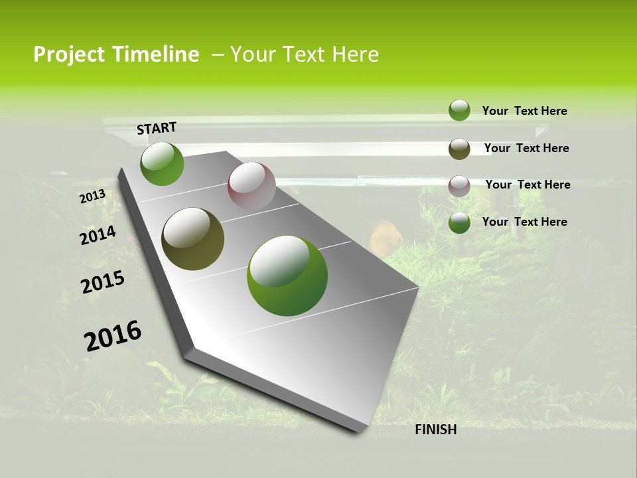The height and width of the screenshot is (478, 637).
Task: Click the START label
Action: (x=157, y=128)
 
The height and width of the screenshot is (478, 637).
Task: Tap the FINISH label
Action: (x=435, y=430)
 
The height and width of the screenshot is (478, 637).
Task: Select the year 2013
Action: (x=92, y=197)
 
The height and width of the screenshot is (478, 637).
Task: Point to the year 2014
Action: (x=98, y=236)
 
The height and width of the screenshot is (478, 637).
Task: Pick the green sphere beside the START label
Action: (x=162, y=164)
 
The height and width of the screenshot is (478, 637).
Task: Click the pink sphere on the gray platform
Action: (x=251, y=186)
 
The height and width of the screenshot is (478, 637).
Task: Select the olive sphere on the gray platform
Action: (x=192, y=239)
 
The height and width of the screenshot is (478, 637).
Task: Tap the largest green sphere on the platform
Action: (x=287, y=276)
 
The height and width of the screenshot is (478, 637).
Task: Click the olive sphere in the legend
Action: (x=459, y=149)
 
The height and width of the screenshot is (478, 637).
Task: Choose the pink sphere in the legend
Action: (x=459, y=186)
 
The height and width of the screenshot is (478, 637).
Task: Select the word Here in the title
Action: (x=355, y=54)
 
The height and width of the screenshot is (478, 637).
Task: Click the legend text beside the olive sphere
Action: (x=526, y=148)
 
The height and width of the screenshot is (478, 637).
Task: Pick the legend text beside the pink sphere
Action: (x=528, y=185)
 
